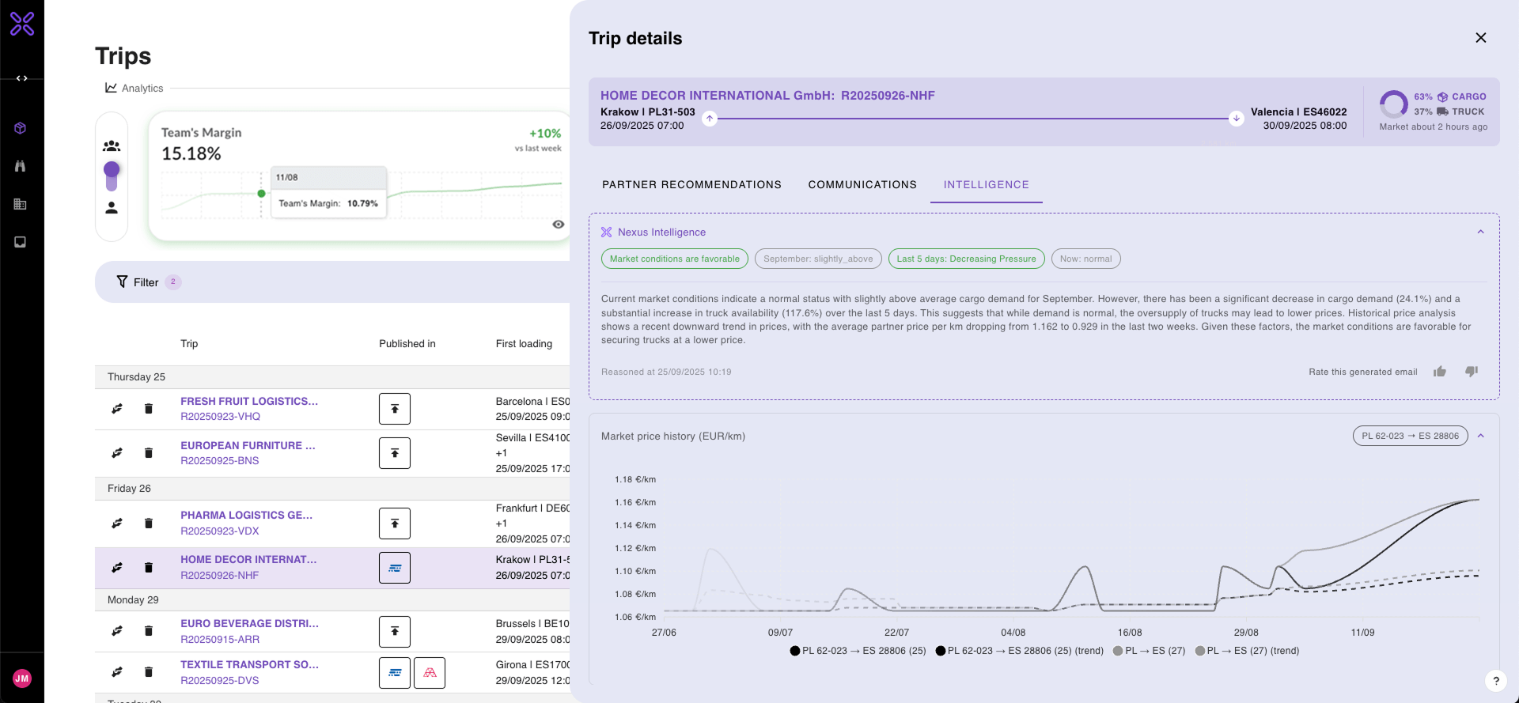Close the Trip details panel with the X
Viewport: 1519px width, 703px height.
pos(1480,38)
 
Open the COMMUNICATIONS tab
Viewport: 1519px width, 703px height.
pos(862,184)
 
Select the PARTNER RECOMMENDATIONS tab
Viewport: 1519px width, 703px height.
pos(691,184)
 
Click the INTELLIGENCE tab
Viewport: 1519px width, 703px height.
pos(986,184)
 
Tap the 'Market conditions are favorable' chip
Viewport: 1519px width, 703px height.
pos(674,259)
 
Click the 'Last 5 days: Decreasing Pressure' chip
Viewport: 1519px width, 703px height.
pos(965,259)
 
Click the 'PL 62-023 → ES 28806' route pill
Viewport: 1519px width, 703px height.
pos(1409,436)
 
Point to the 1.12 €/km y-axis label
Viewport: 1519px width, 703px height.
pos(634,548)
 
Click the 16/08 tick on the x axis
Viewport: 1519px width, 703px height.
pos(1129,633)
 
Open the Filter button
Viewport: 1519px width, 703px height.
pos(138,282)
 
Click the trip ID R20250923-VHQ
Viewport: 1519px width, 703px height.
pos(220,417)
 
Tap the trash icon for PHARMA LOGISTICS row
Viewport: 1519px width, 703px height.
pos(148,523)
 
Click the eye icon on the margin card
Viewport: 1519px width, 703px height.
pos(558,225)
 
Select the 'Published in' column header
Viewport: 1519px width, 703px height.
pos(407,344)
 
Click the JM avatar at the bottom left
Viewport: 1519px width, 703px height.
pos(22,678)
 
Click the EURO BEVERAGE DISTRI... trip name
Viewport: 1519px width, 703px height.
pos(249,624)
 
